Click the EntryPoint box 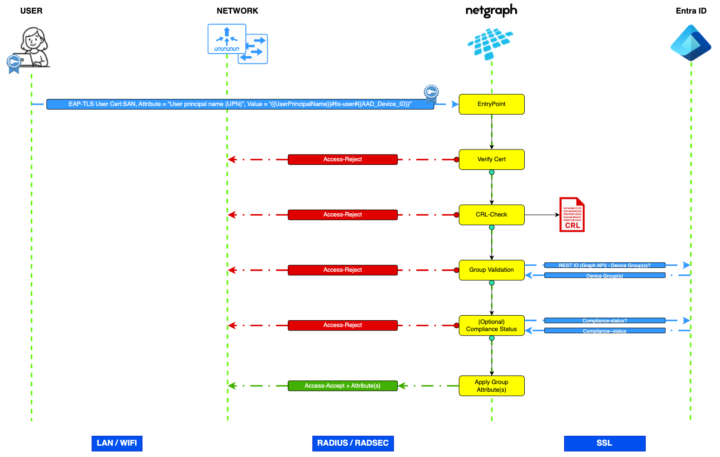[x=491, y=104]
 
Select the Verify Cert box [x=491, y=159]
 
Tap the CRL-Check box [x=491, y=215]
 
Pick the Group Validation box [x=491, y=270]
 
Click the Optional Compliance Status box [x=491, y=325]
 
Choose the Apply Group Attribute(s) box [x=491, y=386]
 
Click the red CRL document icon [x=572, y=215]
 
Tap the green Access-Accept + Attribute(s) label [x=343, y=386]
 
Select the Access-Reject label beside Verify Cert [x=343, y=159]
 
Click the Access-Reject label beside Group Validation [x=343, y=270]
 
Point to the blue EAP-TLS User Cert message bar [x=240, y=104]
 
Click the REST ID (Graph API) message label [x=604, y=265]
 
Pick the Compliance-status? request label [x=604, y=321]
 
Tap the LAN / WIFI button [x=117, y=443]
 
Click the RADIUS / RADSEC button [x=353, y=443]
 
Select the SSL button [x=604, y=443]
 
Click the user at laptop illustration [x=32, y=48]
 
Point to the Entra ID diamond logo [x=691, y=43]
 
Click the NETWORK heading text [x=237, y=11]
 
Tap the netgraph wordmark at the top [x=491, y=11]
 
